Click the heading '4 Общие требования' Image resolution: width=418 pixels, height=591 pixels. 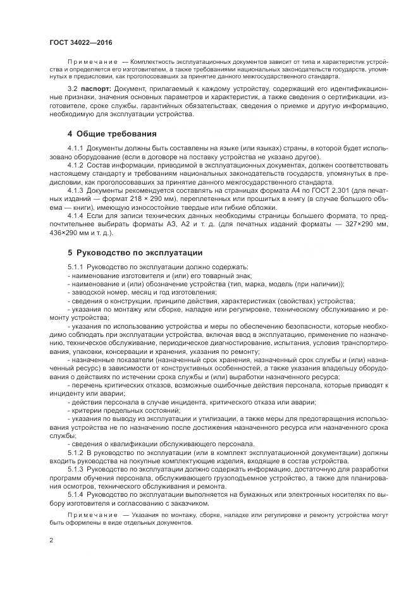coord(113,134)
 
